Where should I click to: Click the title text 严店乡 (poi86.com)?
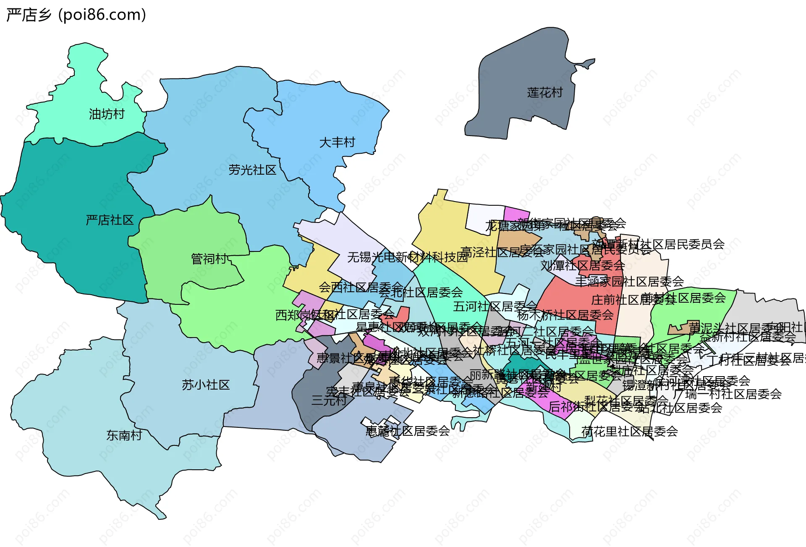pos(76,15)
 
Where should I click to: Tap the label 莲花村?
pos(544,93)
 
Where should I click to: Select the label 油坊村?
pos(107,114)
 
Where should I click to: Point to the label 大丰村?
pos(337,143)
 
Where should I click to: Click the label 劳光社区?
pos(252,170)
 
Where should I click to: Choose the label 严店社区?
pos(110,220)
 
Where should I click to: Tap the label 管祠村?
pos(209,259)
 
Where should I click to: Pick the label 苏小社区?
pos(206,385)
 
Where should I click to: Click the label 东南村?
pos(124,435)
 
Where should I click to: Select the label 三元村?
pos(329,400)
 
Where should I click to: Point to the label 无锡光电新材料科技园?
pos(407,257)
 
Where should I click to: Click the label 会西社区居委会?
pos(360,288)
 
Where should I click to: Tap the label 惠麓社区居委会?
pos(407,431)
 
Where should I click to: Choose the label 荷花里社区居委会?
pos(629,432)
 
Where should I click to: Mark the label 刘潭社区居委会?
pos(582,266)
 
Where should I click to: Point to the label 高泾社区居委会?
pos(502,252)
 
